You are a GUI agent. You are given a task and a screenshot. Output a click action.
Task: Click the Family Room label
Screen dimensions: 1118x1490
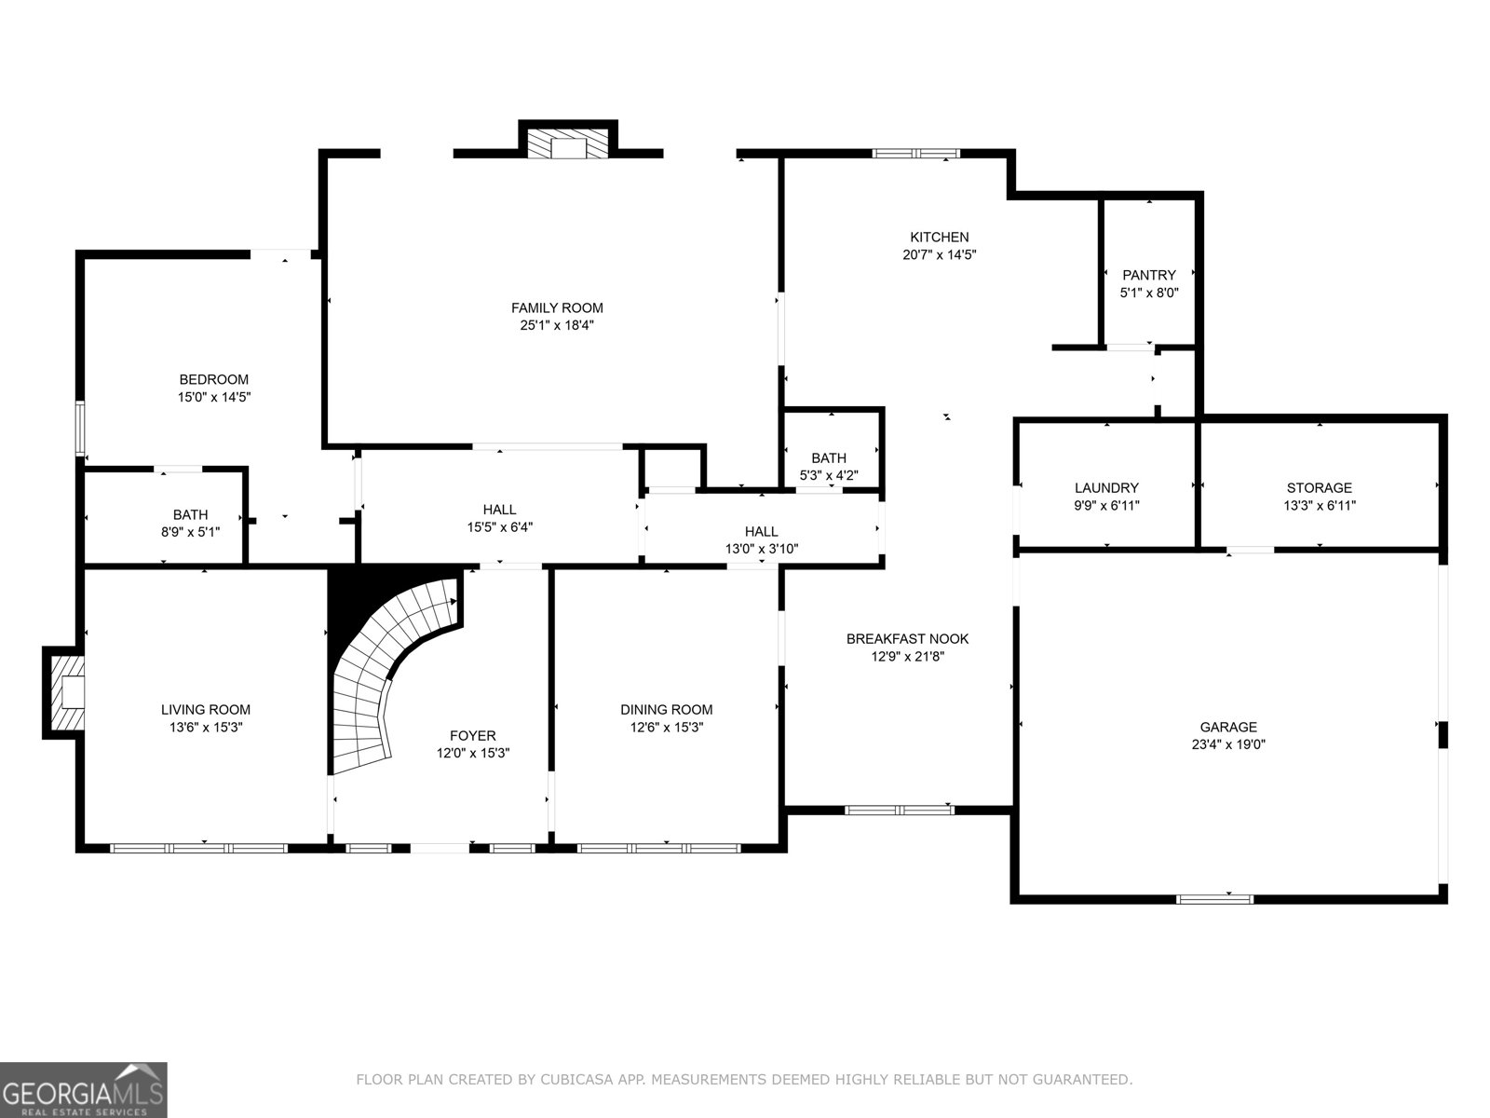point(557,307)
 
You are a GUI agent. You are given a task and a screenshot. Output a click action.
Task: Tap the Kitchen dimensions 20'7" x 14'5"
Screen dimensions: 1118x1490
point(939,254)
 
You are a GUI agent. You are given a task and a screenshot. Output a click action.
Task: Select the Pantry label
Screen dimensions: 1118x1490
point(1148,275)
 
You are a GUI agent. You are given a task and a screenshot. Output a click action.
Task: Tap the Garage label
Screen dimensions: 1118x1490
point(1227,727)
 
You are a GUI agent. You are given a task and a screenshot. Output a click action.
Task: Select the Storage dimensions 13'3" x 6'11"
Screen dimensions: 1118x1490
point(1319,506)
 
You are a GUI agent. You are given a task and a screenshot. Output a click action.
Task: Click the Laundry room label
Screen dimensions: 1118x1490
point(1106,487)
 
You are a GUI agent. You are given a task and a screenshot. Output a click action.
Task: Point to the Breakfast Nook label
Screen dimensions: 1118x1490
point(907,638)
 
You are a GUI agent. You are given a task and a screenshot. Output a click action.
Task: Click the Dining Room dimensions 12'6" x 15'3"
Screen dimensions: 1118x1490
point(666,727)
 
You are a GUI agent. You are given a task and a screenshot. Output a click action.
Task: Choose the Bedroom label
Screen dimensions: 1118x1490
point(213,379)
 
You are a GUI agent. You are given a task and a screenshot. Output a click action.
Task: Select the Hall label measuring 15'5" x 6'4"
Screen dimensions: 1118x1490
point(499,510)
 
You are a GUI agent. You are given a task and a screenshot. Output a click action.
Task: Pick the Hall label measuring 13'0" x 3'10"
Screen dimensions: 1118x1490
point(761,532)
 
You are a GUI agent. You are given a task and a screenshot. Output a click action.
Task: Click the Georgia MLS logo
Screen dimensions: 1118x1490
point(83,1089)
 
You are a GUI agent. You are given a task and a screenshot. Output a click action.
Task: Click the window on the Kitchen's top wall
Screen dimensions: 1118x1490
point(914,154)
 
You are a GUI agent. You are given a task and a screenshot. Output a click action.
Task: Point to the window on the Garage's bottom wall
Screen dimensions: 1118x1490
point(1214,899)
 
